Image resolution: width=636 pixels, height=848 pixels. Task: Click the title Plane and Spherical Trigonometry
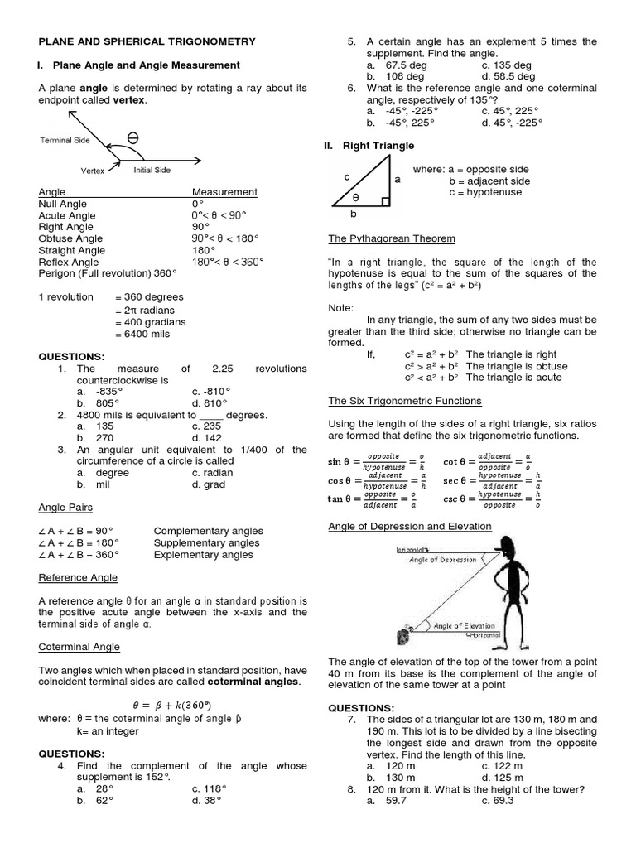(x=147, y=41)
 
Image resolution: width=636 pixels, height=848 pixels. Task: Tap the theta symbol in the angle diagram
(x=133, y=137)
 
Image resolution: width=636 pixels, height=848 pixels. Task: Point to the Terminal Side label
(x=65, y=141)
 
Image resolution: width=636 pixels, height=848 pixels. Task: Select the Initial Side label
(x=152, y=170)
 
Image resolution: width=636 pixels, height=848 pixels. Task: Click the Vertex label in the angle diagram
(x=92, y=171)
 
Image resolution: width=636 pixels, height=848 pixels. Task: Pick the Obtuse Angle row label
(x=71, y=238)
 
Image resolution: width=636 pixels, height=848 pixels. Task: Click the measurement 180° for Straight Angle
(x=204, y=250)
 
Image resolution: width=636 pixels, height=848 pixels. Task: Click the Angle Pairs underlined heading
(x=65, y=507)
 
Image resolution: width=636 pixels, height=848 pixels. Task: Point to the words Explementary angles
(x=203, y=555)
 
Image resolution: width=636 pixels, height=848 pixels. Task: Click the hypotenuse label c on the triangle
(x=347, y=176)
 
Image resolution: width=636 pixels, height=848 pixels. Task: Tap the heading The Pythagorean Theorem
(x=392, y=238)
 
